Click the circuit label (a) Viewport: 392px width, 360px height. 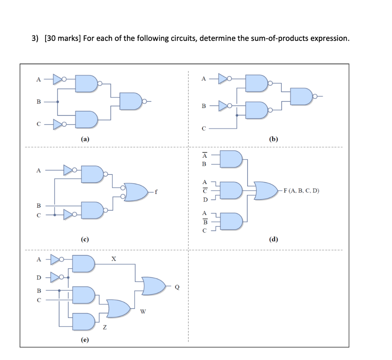pos(85,140)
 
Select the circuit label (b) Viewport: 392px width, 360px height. pos(273,140)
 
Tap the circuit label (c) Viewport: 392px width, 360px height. pos(85,239)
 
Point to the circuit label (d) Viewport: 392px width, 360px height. pos(273,239)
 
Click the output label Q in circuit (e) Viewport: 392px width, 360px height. pos(177,287)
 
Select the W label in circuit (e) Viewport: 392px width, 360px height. pos(143,312)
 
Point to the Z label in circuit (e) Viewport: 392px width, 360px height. pos(105,327)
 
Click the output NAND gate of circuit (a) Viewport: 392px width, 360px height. pos(131,101)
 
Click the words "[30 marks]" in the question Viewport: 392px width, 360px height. pos(62,39)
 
